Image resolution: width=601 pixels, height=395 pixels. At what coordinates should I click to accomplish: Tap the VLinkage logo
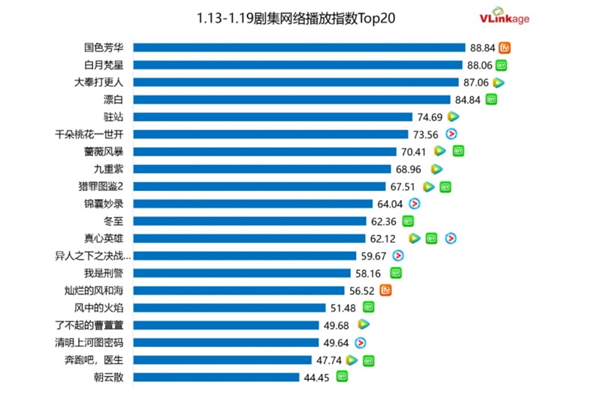tap(504, 18)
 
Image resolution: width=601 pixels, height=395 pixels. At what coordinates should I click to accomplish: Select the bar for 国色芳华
tap(304, 47)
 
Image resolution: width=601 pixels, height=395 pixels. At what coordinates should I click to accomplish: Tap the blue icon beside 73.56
tap(452, 134)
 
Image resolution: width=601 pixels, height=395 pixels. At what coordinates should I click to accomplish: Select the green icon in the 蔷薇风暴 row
tap(458, 151)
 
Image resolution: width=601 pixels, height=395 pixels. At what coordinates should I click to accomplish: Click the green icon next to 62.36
tap(408, 221)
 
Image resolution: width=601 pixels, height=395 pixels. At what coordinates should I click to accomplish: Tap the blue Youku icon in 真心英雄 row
tap(451, 239)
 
